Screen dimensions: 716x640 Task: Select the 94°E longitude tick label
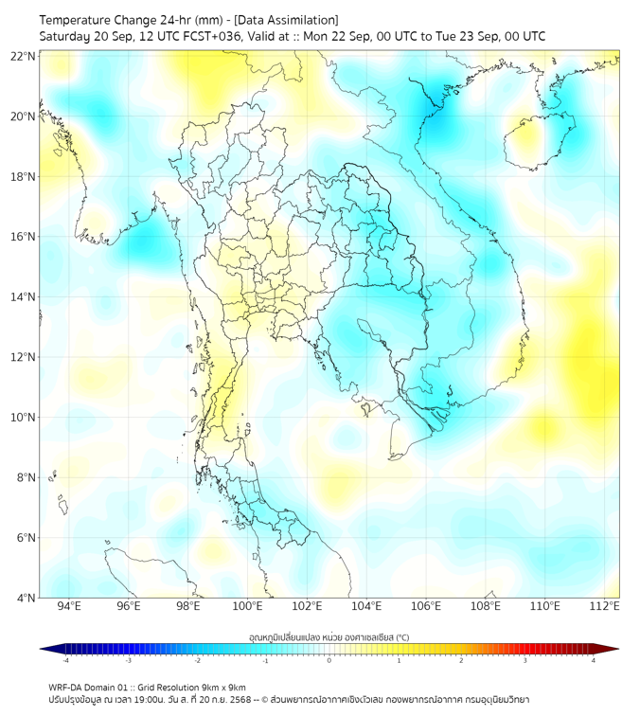(69, 606)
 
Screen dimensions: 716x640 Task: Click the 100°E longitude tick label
(247, 606)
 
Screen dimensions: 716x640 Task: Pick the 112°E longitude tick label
(604, 606)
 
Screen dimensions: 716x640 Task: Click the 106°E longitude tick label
(426, 606)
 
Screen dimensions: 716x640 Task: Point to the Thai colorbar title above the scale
(329, 636)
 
